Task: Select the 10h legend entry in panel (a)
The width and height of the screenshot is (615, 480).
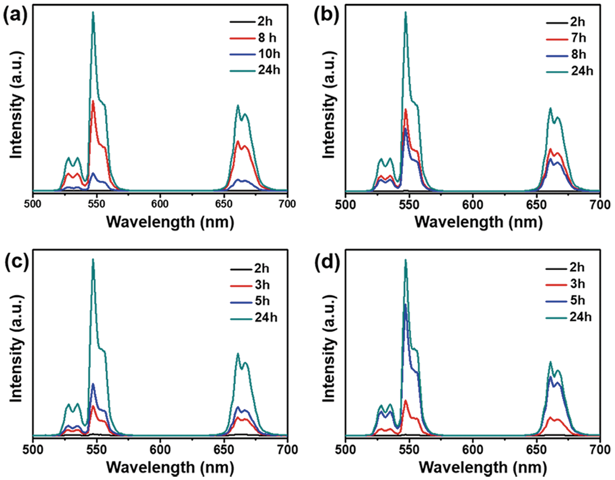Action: (x=268, y=54)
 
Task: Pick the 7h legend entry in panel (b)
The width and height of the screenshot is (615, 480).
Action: (x=578, y=38)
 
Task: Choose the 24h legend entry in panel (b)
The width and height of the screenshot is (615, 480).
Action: (x=581, y=71)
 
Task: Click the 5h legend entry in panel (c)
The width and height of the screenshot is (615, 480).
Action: (x=262, y=301)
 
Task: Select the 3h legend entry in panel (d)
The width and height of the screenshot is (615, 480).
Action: (x=577, y=284)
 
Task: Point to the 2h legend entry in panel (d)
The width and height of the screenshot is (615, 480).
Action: (x=577, y=267)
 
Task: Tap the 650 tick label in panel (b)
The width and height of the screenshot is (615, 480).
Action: (x=536, y=205)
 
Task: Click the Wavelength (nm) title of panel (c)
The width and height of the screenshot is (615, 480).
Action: (x=170, y=467)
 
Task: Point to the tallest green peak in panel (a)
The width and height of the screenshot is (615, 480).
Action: (x=93, y=13)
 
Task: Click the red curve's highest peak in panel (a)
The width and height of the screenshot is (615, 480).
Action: (x=93, y=101)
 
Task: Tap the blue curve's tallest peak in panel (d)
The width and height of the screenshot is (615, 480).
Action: (x=405, y=305)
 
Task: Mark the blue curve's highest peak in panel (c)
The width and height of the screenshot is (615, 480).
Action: (x=93, y=384)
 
